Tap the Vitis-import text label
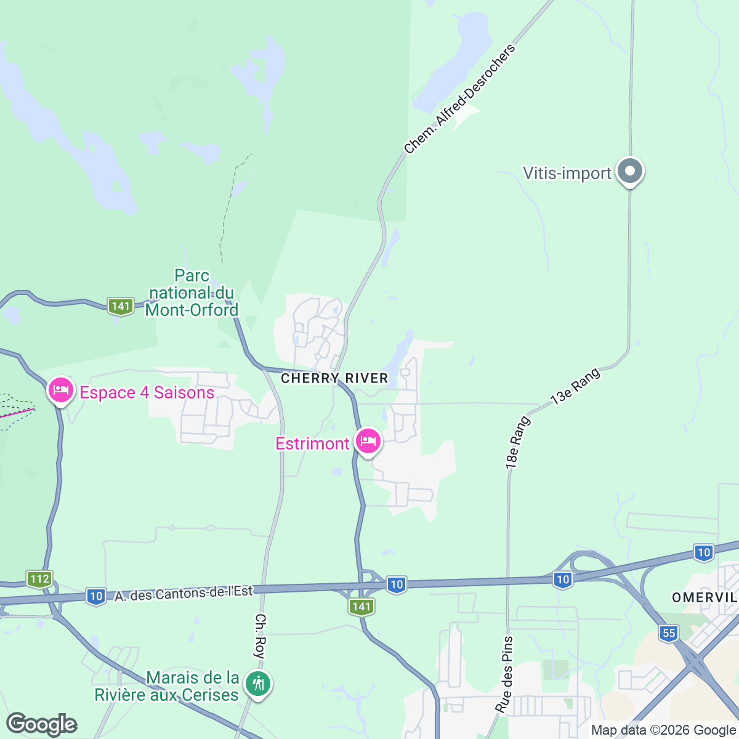click(567, 173)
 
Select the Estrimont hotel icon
click(368, 442)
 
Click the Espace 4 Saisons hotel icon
click(60, 391)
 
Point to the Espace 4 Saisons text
click(147, 393)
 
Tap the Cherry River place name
click(334, 378)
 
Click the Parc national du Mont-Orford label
click(192, 293)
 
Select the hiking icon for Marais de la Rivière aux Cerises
click(258, 684)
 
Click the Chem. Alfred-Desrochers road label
click(459, 99)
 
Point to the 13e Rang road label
click(575, 387)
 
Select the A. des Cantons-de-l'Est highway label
click(184, 594)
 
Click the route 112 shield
click(39, 579)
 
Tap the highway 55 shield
click(669, 632)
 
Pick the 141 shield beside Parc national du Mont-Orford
click(120, 305)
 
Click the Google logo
click(41, 724)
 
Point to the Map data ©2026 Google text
click(663, 730)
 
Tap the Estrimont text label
click(312, 443)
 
